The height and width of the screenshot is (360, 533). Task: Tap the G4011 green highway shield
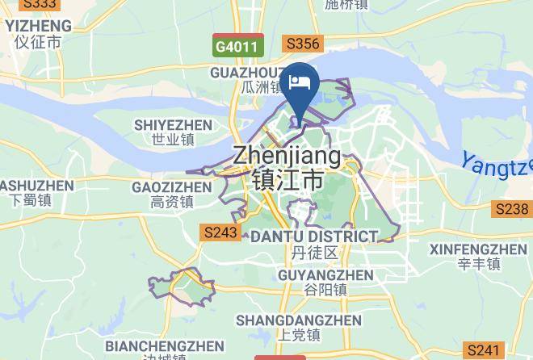pos(237,47)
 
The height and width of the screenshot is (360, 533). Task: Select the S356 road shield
pos(304,44)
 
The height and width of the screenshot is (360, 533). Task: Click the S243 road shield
pos(220,232)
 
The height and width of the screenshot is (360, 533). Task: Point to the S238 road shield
pos(511,209)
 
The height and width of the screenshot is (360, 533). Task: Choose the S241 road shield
pos(484,350)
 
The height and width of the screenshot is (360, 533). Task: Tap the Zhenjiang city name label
pos(287,155)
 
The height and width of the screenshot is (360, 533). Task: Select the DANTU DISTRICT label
pos(314,237)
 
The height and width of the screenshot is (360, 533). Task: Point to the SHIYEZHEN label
pos(173,125)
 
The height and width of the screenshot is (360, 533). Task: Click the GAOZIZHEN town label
pos(171,187)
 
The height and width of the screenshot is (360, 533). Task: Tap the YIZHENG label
pos(38,25)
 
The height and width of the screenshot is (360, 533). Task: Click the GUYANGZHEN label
pos(314,275)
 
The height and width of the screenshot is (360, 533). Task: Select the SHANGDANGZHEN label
pos(299,320)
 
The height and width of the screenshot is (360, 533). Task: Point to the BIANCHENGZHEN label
pos(165,346)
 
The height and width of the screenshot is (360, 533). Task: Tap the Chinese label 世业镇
pos(173,140)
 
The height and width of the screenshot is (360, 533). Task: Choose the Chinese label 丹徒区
pos(314,253)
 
